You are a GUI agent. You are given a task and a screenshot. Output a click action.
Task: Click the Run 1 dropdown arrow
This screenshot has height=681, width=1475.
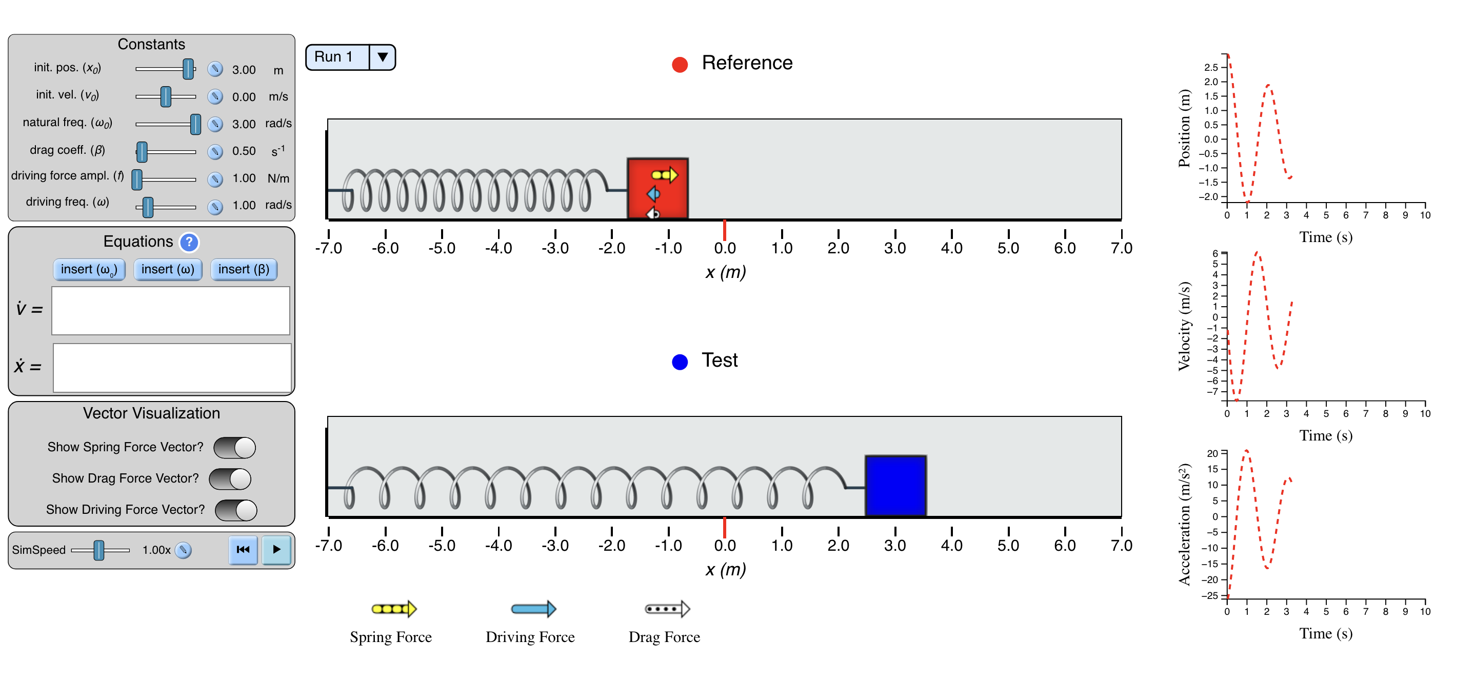click(x=383, y=57)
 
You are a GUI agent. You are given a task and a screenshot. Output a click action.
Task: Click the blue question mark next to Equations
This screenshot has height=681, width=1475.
click(x=189, y=242)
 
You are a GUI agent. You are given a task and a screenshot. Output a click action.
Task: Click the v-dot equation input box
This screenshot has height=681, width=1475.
click(x=171, y=310)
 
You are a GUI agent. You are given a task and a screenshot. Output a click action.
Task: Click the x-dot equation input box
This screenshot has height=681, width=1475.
click(x=172, y=368)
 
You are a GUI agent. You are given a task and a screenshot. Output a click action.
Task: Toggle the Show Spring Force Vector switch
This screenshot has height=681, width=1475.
click(x=235, y=448)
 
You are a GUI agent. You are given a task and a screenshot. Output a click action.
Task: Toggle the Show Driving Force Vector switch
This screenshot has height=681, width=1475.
click(x=236, y=510)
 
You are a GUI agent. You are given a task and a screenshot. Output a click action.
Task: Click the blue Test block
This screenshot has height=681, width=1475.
click(x=895, y=486)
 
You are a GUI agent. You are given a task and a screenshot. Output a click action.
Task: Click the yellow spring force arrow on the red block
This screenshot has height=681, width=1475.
click(x=665, y=175)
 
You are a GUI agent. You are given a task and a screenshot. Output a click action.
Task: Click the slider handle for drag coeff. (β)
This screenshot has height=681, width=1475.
click(x=142, y=152)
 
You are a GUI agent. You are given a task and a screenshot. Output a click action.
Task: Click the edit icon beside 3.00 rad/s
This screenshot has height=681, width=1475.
click(x=215, y=124)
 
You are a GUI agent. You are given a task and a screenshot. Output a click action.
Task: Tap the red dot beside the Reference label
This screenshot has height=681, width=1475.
click(x=680, y=65)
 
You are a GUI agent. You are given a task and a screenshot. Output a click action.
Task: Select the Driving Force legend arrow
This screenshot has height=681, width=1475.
click(x=534, y=609)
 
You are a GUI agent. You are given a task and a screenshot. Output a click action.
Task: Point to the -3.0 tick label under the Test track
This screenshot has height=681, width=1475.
click(x=555, y=546)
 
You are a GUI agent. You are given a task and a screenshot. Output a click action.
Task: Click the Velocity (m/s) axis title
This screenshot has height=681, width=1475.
click(x=1184, y=327)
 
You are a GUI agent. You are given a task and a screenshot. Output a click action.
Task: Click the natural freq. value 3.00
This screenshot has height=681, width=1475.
click(x=244, y=124)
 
